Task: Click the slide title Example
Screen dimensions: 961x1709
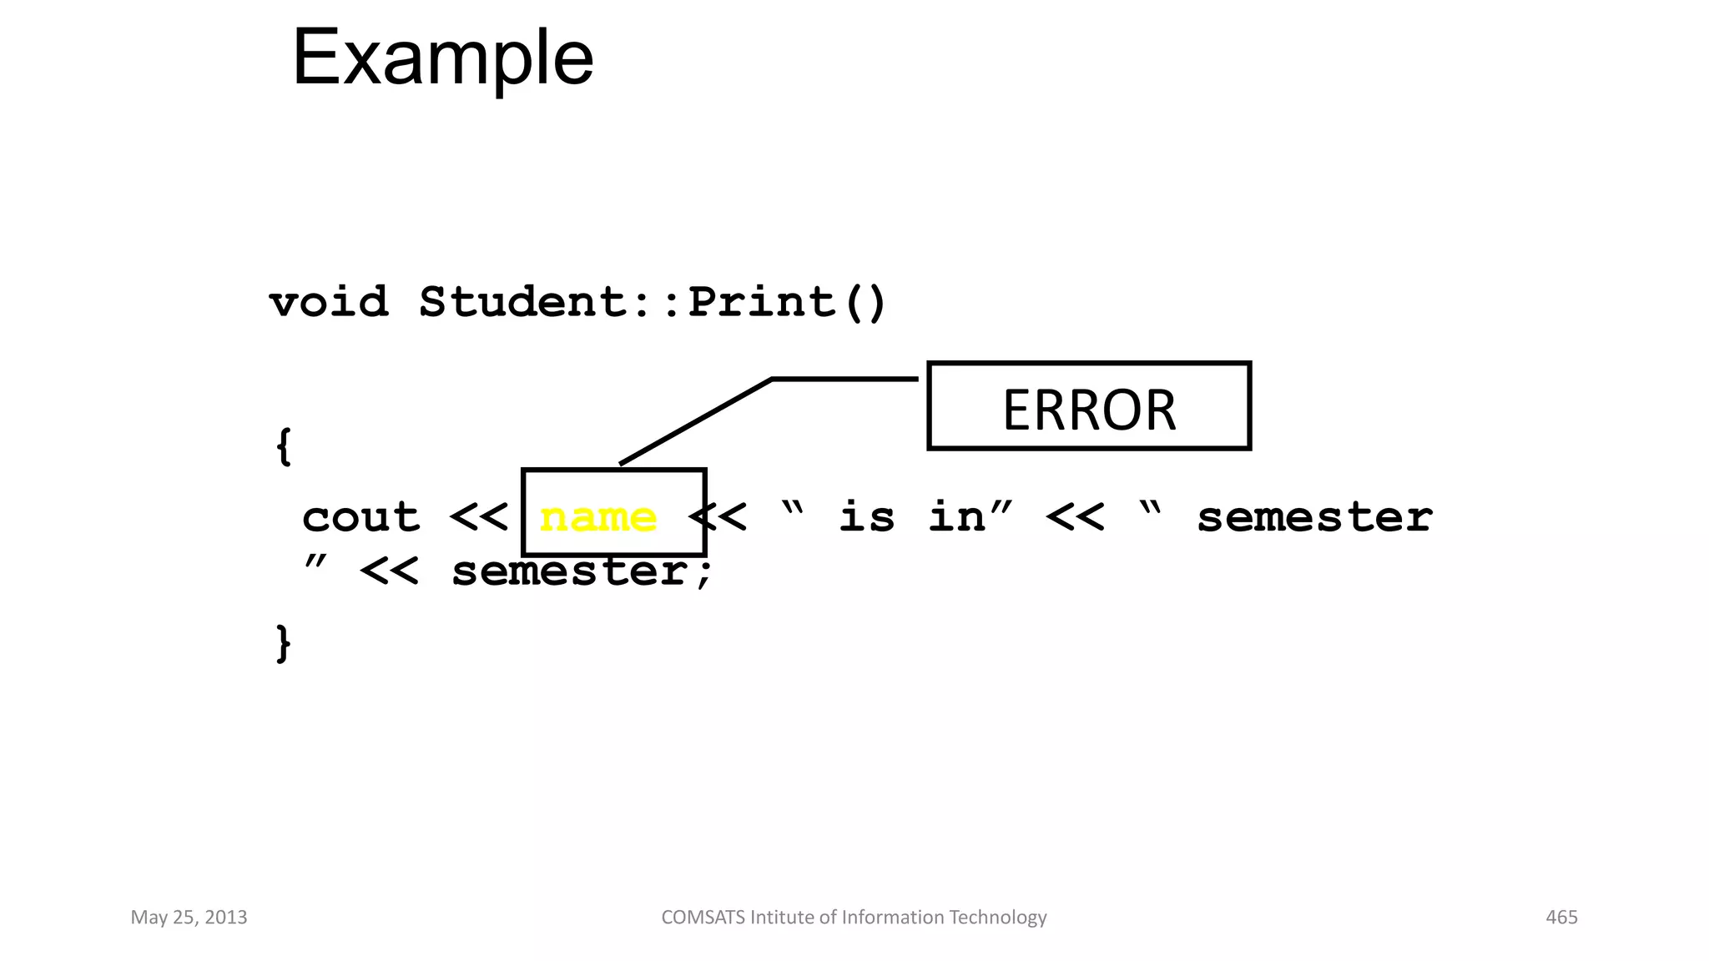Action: (x=442, y=58)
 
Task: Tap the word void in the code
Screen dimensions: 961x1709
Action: (x=329, y=301)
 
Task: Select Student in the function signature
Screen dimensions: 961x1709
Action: (x=523, y=301)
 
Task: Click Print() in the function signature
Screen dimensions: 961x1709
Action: (x=787, y=301)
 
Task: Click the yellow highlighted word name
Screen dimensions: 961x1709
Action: (x=598, y=517)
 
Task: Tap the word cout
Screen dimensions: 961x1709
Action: (x=360, y=517)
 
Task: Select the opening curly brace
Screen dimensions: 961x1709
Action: (x=284, y=446)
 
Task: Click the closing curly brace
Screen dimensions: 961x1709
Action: (x=284, y=643)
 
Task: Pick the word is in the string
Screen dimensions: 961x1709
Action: (x=866, y=517)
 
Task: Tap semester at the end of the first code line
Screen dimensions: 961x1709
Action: (x=1314, y=517)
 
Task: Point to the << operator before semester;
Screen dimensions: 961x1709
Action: (x=389, y=572)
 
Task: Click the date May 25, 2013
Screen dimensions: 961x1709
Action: (x=189, y=918)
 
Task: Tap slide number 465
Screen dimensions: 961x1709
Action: (x=1561, y=918)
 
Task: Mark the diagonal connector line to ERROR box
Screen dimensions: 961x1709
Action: (x=696, y=421)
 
